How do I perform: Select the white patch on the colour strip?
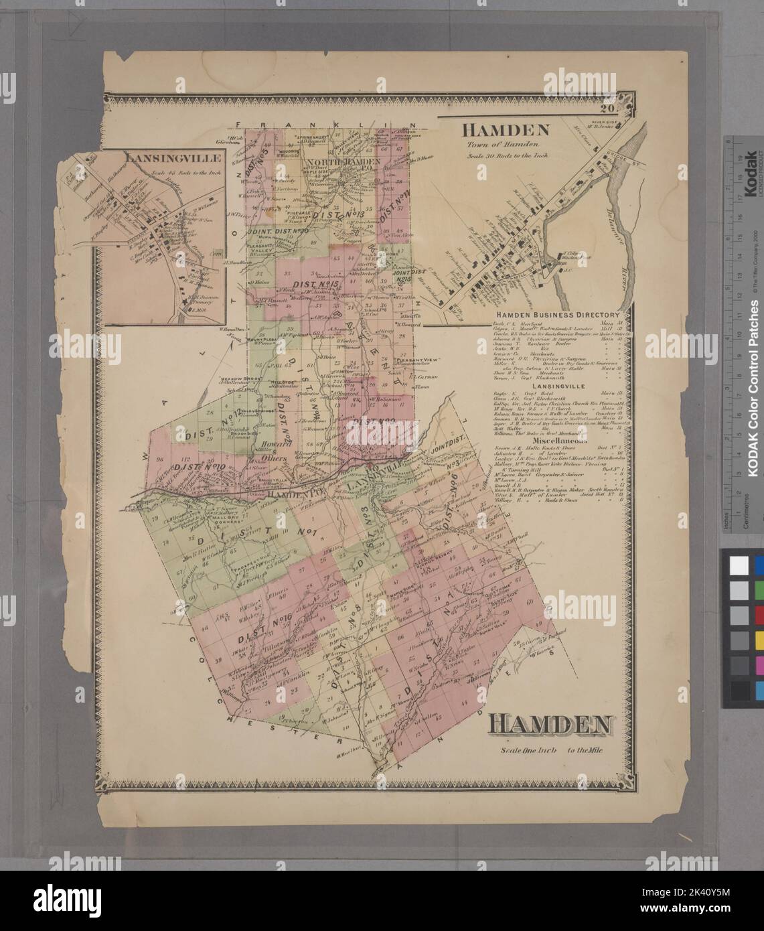[739, 565]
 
